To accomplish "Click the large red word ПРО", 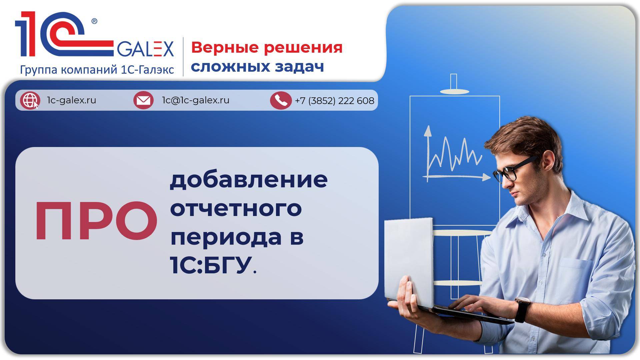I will click(96, 221).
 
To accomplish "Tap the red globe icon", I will click(30, 100).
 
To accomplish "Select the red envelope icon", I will click(143, 100).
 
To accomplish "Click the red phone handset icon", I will click(281, 100).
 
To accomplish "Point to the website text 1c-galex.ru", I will click(72, 100).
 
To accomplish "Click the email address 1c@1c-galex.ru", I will click(196, 100).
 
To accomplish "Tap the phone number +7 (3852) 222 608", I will click(334, 101).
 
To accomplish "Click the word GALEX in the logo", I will click(145, 49).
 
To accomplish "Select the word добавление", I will click(249, 180).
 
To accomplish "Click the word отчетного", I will click(236, 208).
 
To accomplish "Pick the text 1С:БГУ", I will click(211, 266).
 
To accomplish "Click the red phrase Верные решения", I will click(267, 47).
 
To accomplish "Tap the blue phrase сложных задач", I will click(257, 66).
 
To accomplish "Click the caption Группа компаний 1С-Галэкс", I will click(97, 70).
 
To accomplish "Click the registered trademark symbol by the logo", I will click(94, 22).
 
